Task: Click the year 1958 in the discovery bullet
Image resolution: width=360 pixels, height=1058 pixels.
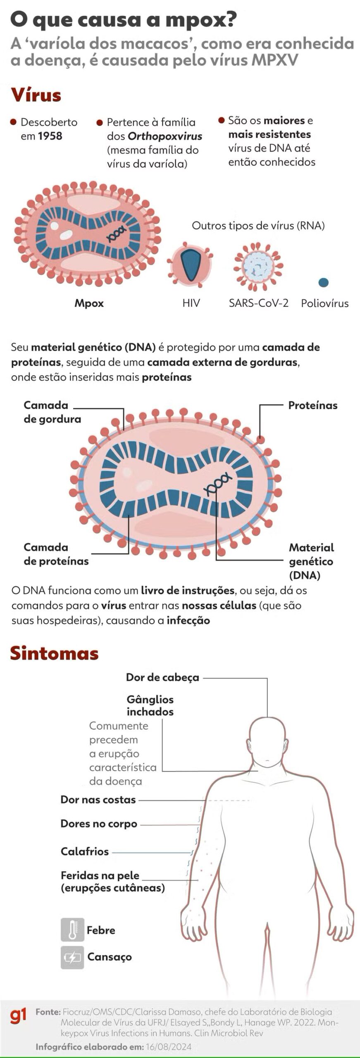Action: [x=50, y=136]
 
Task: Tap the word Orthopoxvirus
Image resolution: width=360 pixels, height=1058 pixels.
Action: [x=165, y=136]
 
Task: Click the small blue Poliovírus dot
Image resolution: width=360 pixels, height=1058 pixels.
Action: [x=324, y=282]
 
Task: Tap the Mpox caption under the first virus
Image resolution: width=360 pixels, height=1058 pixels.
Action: [x=89, y=303]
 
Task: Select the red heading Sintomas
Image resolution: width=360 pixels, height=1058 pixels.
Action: [x=55, y=653]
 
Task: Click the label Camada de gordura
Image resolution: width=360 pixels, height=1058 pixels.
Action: [x=52, y=412]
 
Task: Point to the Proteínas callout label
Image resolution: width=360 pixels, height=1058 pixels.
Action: [x=313, y=405]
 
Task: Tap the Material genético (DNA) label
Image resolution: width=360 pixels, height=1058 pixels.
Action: [x=311, y=561]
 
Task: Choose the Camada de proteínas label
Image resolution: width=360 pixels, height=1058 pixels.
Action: [x=56, y=554]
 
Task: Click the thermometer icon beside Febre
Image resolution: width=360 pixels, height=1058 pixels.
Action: [x=72, y=929]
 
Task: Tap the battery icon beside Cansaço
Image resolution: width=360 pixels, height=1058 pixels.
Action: [x=72, y=957]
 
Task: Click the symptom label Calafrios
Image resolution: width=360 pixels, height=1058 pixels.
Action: [x=85, y=852]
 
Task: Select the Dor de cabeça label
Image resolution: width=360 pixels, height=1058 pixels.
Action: [x=162, y=678]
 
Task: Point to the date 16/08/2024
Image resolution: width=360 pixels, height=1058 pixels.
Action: [x=169, y=1047]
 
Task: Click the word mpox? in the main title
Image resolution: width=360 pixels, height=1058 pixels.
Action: [x=201, y=20]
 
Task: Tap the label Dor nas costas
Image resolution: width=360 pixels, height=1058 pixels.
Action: [x=98, y=800]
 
